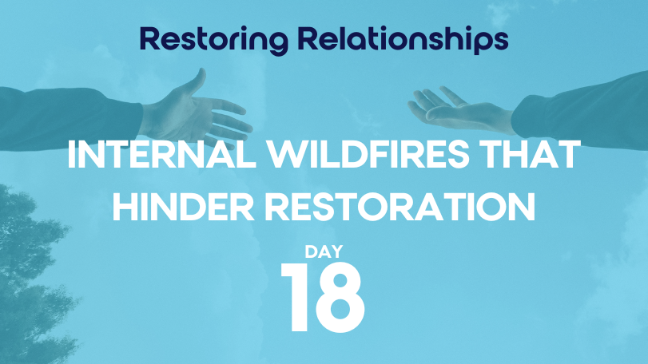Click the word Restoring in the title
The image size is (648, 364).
214,40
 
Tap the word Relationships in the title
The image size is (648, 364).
403,39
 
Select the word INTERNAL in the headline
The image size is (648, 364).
161,154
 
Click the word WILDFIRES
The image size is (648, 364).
368,154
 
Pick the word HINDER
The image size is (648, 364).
184,208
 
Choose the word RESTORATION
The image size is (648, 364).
400,208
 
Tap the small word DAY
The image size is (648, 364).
324,251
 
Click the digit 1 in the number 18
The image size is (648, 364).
296,297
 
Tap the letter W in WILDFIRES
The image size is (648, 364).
287,154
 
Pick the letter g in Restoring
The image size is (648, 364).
277,43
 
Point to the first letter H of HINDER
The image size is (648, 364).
125,208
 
